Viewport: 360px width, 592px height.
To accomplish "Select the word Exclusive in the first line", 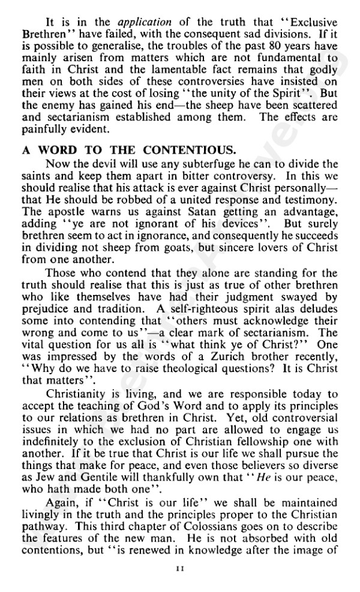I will coord(312,12).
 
